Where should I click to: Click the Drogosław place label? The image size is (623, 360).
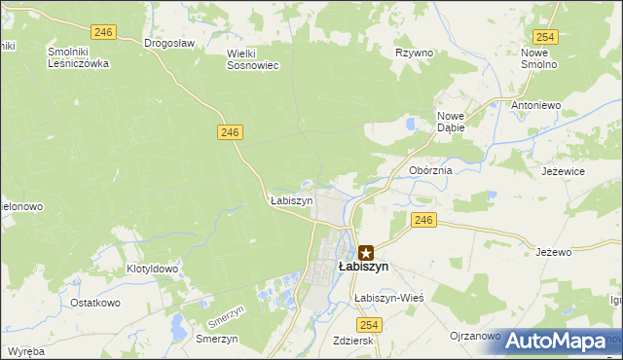coord(169,43)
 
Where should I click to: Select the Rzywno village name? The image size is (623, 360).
coord(414,54)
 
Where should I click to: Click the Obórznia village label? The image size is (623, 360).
coord(430,170)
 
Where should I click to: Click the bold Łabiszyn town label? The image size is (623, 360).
coord(363,267)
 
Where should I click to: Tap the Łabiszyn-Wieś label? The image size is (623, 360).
coord(389,298)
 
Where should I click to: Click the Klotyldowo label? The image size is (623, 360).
coord(153,269)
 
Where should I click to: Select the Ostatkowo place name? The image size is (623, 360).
coord(94,303)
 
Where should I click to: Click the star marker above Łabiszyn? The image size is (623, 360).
coord(366,251)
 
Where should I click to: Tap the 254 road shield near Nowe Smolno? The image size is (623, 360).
coord(545,36)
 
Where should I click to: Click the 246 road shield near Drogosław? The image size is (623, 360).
coord(105,32)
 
